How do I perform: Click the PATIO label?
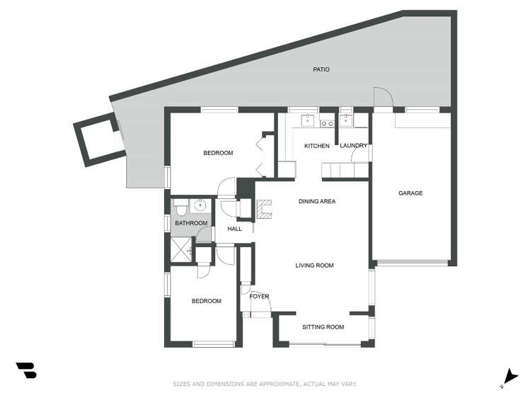[x=321, y=69]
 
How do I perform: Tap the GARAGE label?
[x=410, y=193]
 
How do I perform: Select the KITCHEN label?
[x=316, y=146]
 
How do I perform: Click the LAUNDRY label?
[x=353, y=146]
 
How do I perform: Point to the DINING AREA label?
[x=316, y=202]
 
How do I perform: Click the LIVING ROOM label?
[x=314, y=266]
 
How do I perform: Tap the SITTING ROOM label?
[x=323, y=327]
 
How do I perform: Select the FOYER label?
[x=259, y=297]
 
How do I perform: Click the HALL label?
[x=235, y=229]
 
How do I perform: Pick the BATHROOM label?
[x=191, y=224]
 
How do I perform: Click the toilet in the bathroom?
[x=181, y=208]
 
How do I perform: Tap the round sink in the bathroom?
[x=200, y=207]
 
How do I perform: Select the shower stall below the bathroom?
[x=181, y=249]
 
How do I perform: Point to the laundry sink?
[x=347, y=119]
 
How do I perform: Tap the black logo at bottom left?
[x=26, y=370]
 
